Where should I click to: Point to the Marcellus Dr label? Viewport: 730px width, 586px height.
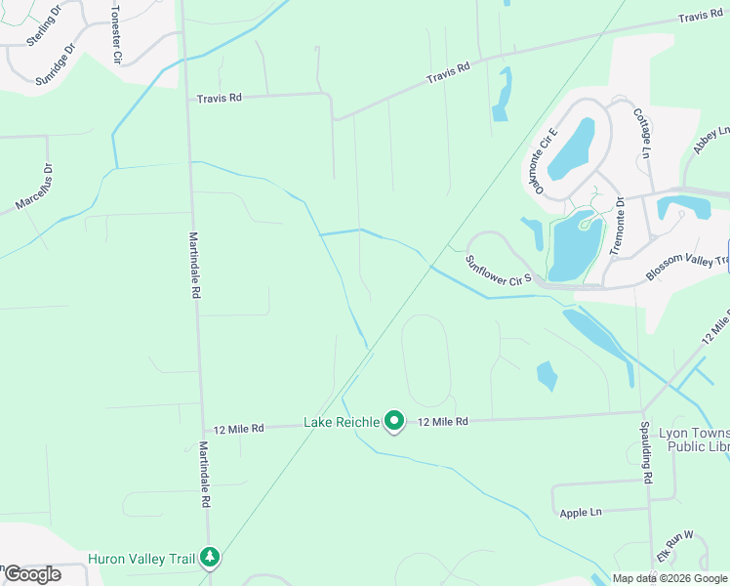(35, 188)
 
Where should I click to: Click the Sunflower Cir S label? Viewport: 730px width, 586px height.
(498, 272)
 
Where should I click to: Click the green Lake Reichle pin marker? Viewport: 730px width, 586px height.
(394, 422)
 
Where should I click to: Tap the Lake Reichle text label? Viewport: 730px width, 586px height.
(341, 422)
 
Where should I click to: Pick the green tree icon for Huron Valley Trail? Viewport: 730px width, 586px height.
(210, 558)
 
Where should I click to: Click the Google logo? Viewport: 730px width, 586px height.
(32, 574)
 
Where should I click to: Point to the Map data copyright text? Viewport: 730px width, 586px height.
(669, 578)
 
